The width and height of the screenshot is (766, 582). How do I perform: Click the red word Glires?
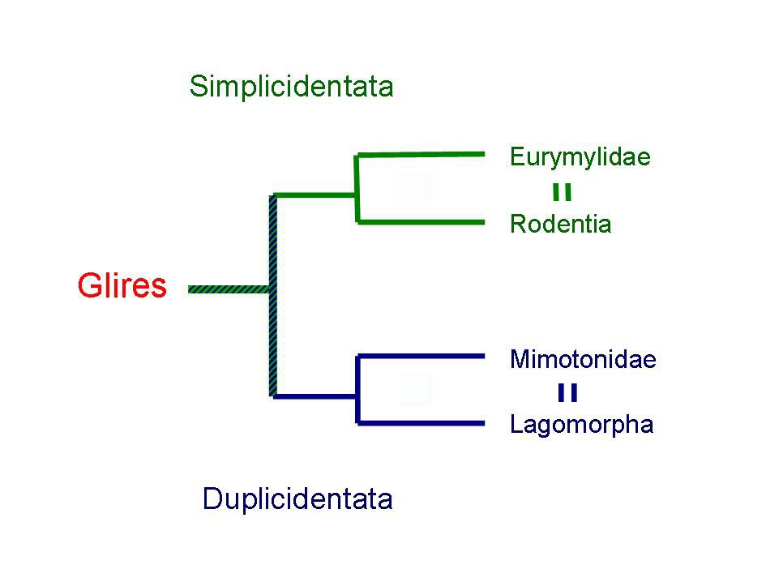point(122,286)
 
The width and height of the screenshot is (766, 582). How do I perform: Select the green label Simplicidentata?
point(291,86)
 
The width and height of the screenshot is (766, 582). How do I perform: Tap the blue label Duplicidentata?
point(297,499)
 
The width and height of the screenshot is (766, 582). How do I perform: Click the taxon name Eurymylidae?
point(580,156)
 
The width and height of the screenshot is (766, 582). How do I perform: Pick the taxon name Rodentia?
point(560,224)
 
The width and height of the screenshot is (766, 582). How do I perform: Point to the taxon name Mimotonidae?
point(582,359)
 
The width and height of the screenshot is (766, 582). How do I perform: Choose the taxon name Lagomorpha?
point(581,425)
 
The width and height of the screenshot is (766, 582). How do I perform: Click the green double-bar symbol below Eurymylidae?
point(562,192)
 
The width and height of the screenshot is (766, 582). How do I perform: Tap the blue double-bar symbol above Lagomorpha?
point(567,393)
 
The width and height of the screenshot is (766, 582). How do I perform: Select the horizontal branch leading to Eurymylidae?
point(422,154)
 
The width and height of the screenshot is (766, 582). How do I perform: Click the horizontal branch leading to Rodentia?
point(422,221)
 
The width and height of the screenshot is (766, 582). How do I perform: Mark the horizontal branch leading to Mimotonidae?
point(422,356)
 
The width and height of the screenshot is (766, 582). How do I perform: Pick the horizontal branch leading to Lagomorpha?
point(422,422)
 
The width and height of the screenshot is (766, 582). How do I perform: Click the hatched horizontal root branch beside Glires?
point(229,289)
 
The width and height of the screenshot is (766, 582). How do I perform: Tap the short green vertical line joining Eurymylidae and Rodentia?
point(357,187)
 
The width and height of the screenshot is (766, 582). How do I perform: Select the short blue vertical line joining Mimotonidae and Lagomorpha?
point(357,389)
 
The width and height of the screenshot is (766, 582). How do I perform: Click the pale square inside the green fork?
point(412,186)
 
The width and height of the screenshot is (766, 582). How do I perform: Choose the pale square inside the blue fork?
point(416,389)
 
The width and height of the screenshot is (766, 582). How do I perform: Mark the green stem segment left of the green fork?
point(315,195)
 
